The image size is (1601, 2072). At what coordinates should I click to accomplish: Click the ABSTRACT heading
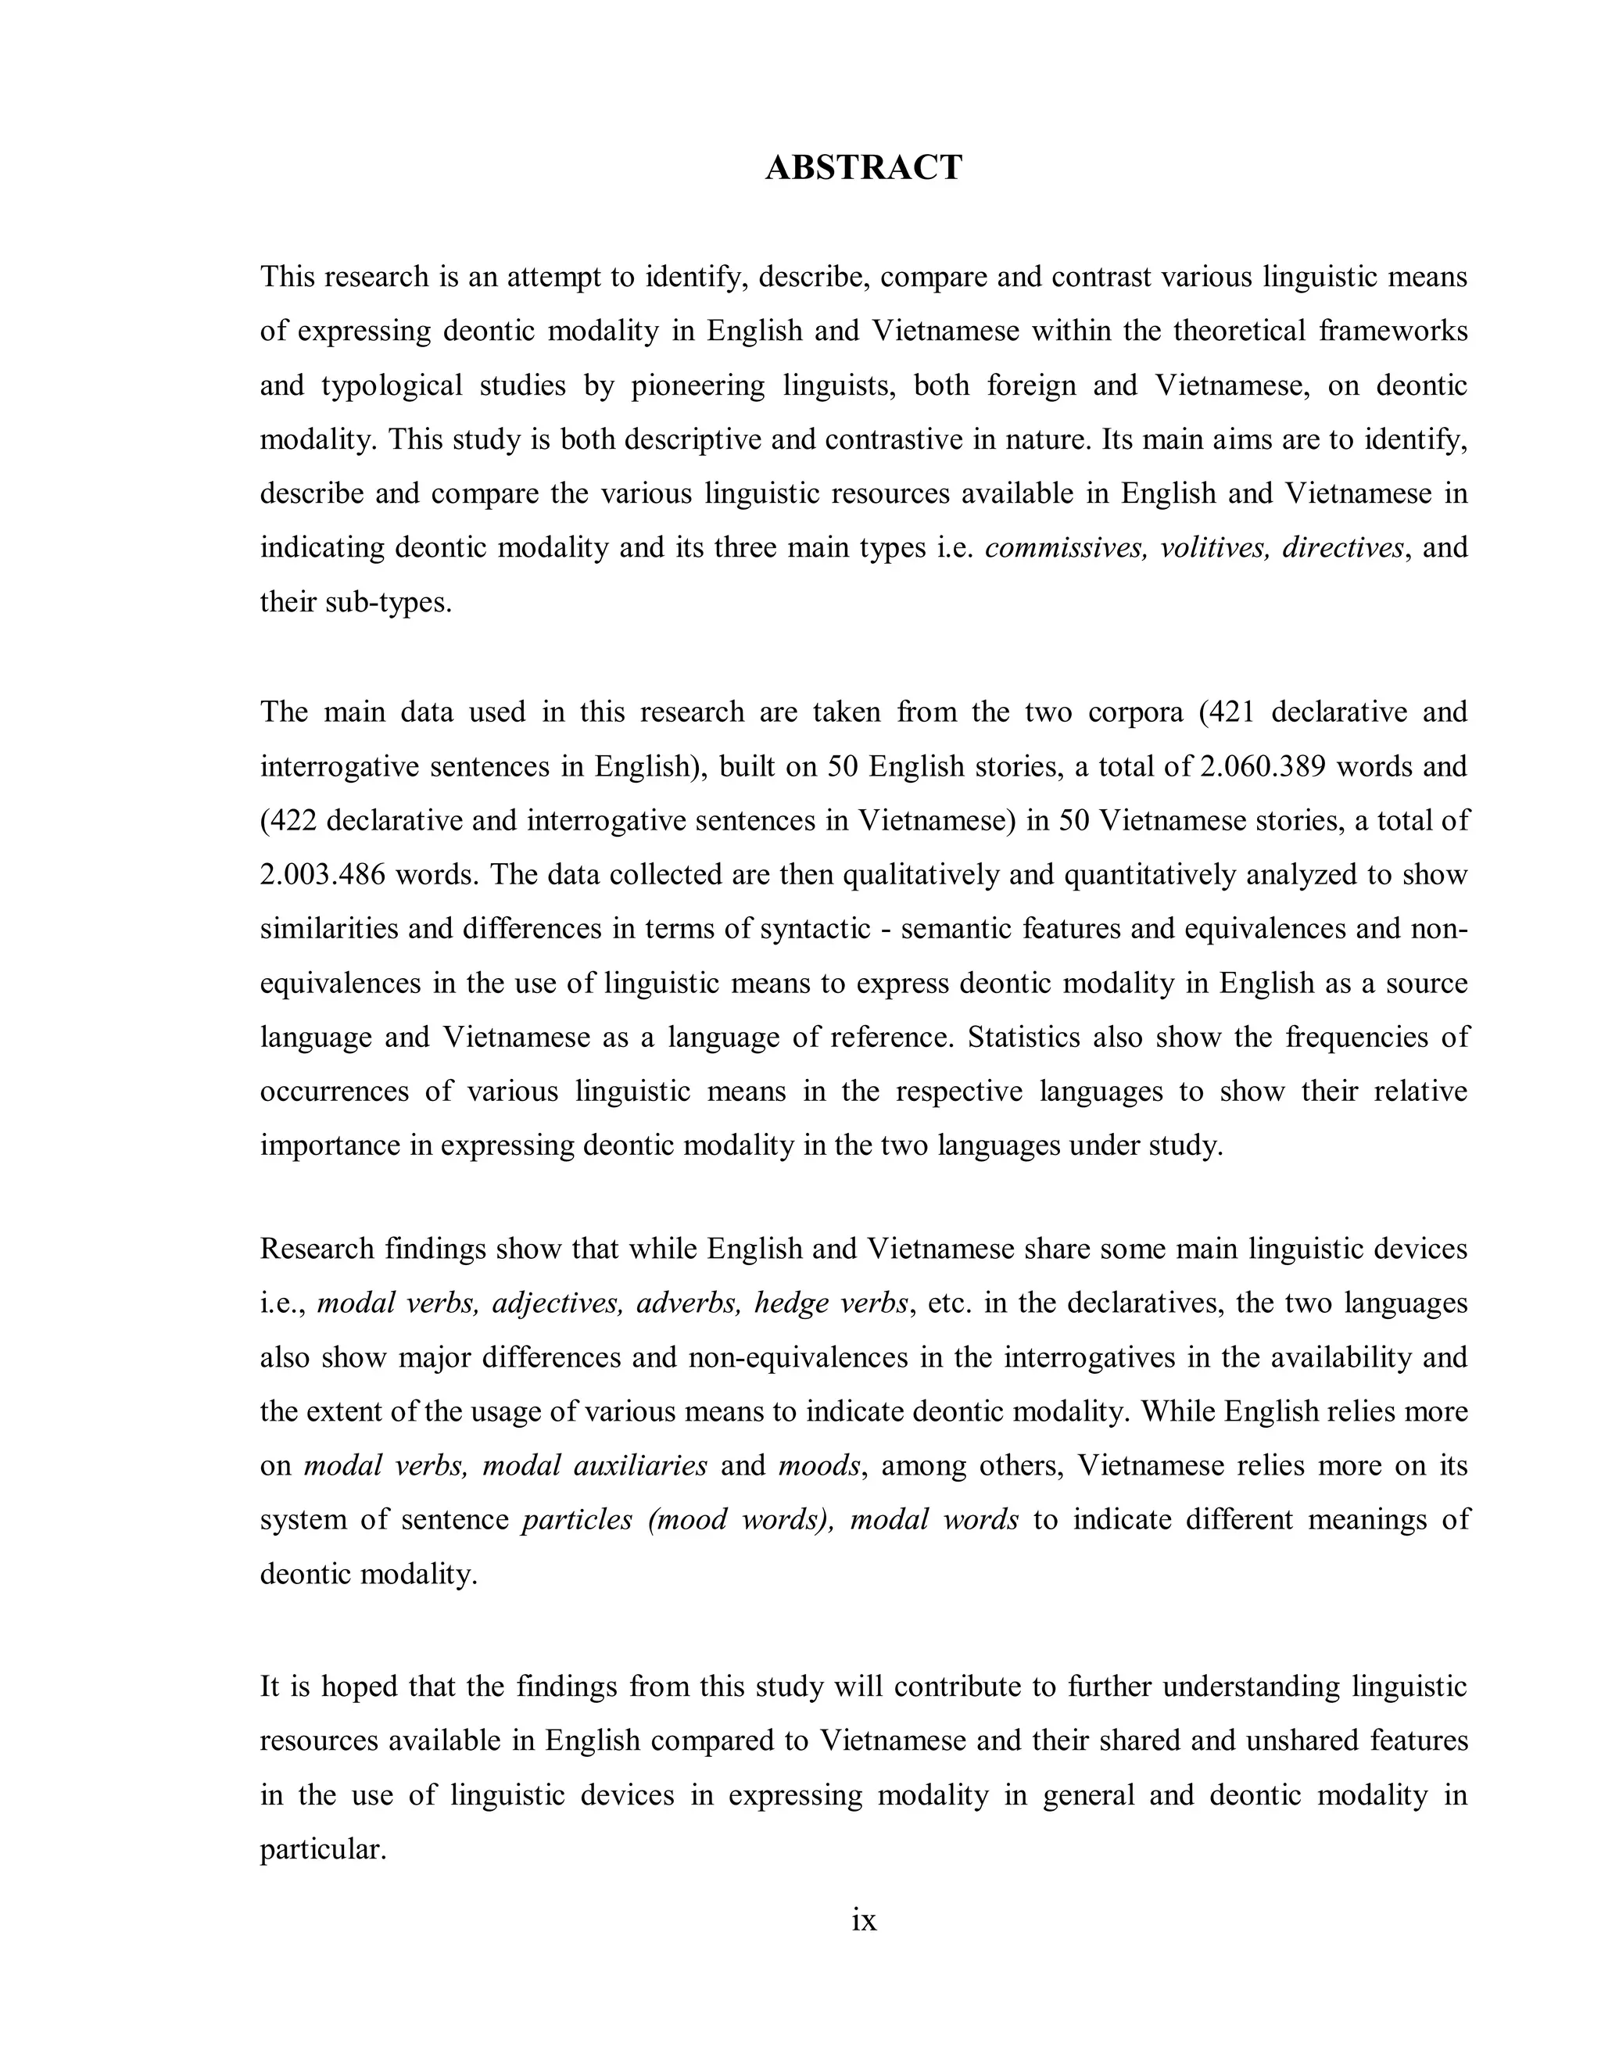pyautogui.click(x=863, y=168)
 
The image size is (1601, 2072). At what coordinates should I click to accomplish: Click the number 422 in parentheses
pyautogui.click(x=293, y=819)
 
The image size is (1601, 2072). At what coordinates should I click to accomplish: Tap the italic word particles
pyautogui.click(x=577, y=1520)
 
